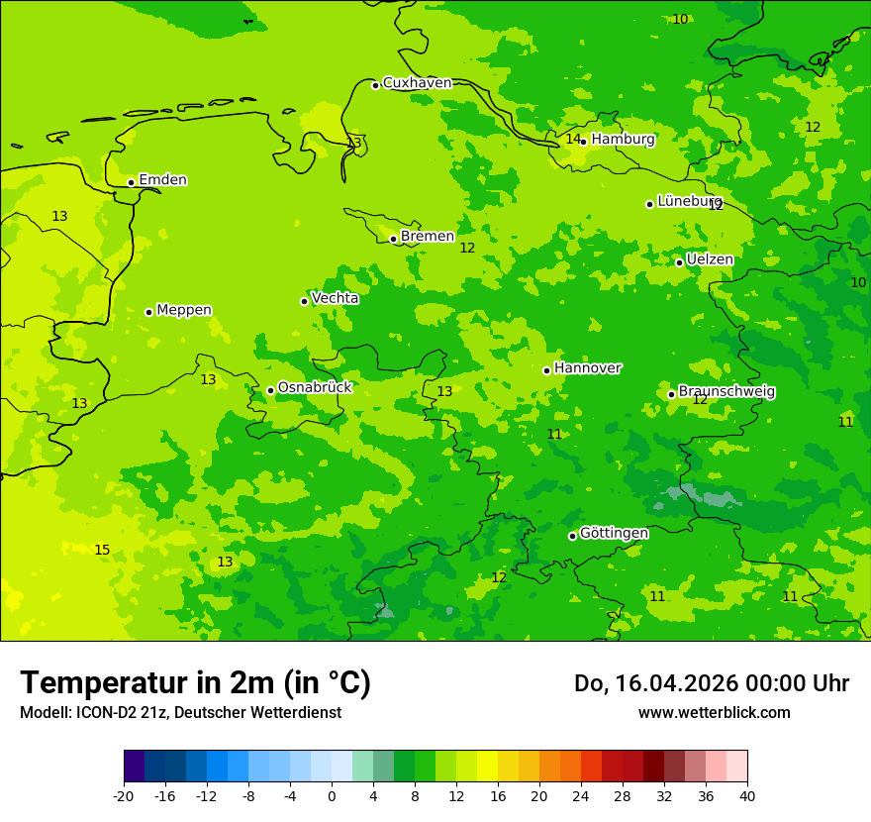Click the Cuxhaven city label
tap(417, 83)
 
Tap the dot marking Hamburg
tap(584, 142)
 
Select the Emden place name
tap(162, 180)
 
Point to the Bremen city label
tap(427, 237)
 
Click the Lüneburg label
tap(689, 201)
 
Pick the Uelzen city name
tap(710, 260)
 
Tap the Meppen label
tap(184, 310)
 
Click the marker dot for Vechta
tap(305, 301)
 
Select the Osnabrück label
tap(315, 388)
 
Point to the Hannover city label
tap(587, 368)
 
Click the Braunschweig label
tap(726, 392)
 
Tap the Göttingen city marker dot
tap(572, 536)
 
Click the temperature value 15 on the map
tap(102, 551)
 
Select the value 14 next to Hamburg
tap(573, 140)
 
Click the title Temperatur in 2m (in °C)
tap(195, 682)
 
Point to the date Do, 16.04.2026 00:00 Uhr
tap(711, 683)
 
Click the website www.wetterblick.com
tap(714, 713)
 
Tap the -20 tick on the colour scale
tap(124, 796)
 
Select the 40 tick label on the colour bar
tap(747, 796)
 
